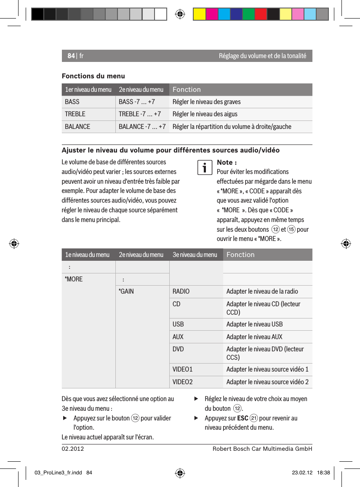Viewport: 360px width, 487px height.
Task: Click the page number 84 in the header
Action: tap(71, 56)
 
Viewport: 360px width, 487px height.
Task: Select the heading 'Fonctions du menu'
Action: tap(93, 76)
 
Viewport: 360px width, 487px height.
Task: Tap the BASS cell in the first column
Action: tap(72, 102)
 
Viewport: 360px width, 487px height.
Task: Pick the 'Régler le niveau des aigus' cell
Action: tap(205, 114)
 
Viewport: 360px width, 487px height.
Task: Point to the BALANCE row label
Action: tap(77, 126)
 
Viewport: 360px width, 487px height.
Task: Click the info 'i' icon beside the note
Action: tap(205, 168)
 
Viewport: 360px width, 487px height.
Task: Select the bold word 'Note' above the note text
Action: tap(225, 163)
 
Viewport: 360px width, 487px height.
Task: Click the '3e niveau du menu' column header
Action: tap(195, 254)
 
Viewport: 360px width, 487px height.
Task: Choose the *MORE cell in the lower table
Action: tap(74, 279)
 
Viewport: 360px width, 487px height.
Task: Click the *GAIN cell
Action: tap(126, 292)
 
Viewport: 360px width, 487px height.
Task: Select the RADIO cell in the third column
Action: tap(181, 292)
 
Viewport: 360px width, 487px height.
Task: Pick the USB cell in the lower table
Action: tap(178, 324)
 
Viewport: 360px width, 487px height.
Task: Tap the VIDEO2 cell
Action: tap(183, 382)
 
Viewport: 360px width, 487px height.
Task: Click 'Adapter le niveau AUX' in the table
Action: tap(254, 337)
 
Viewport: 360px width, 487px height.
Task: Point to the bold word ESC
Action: tap(243, 418)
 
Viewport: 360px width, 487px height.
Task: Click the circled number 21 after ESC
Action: tap(253, 418)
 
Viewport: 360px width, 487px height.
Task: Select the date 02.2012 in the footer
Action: tap(73, 449)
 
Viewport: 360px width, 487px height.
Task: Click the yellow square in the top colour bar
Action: tap(199, 14)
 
